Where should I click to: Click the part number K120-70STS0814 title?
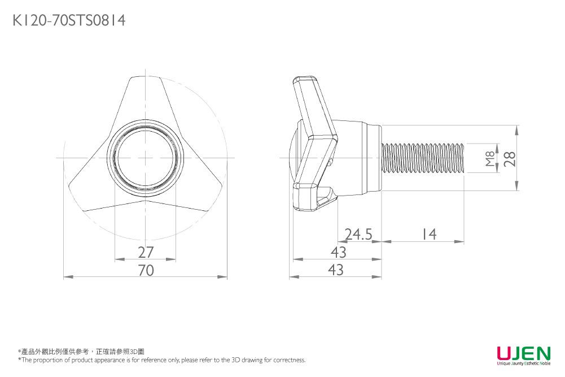(x=69, y=21)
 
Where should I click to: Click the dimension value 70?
(x=146, y=271)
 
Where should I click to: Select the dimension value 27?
(x=146, y=252)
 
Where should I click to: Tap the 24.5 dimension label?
(x=358, y=234)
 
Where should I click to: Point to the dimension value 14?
(x=429, y=234)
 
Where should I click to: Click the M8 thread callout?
(x=489, y=158)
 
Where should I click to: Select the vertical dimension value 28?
(x=510, y=158)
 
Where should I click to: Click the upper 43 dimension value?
(x=338, y=252)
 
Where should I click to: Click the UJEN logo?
(x=523, y=353)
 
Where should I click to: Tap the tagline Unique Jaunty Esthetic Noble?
(x=523, y=363)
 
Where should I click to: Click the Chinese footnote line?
(x=82, y=352)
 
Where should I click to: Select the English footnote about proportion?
(x=162, y=360)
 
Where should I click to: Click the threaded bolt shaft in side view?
(x=423, y=158)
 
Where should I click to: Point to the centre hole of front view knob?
(x=146, y=158)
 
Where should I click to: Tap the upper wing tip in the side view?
(x=305, y=82)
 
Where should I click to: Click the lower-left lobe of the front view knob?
(x=90, y=189)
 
